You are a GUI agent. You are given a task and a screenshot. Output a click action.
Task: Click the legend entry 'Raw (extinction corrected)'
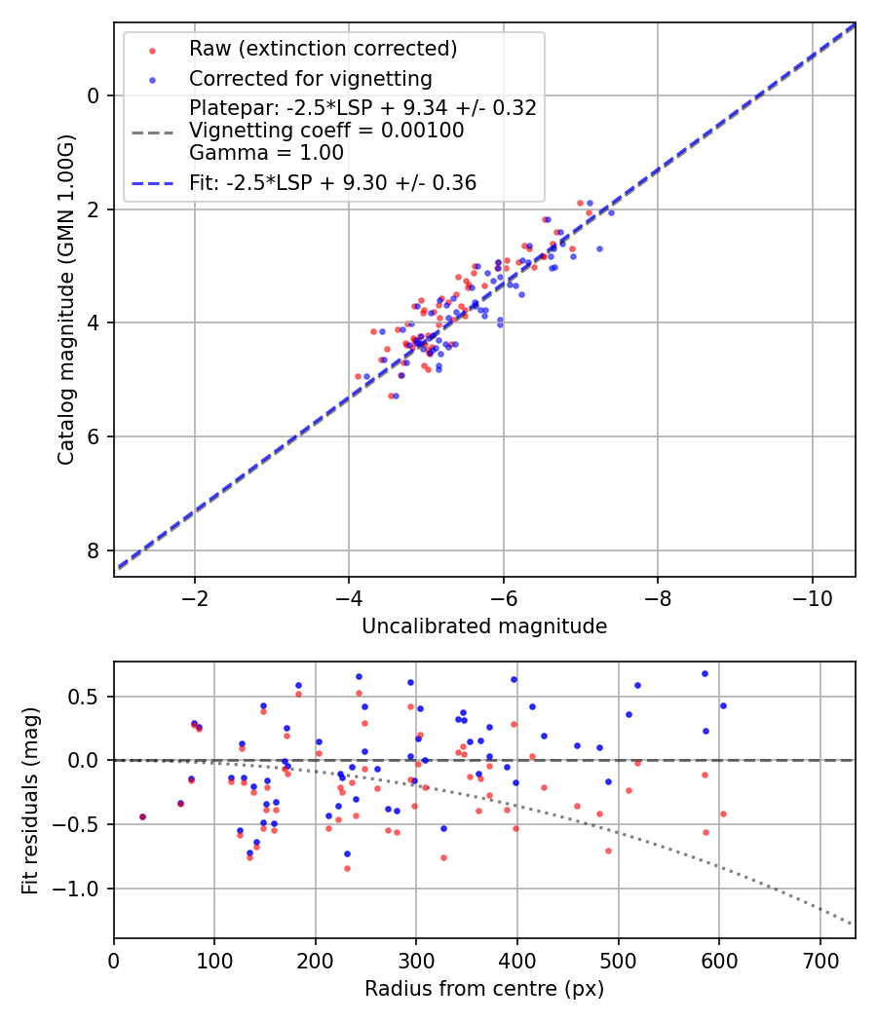click(x=323, y=49)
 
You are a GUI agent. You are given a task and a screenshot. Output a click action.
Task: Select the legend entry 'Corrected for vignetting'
click(x=310, y=78)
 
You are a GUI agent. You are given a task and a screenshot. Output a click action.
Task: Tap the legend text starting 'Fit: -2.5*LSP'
click(x=332, y=182)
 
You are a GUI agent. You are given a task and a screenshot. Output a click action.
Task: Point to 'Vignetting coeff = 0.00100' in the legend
click(x=326, y=131)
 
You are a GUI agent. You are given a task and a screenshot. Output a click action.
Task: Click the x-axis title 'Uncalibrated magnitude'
click(x=484, y=626)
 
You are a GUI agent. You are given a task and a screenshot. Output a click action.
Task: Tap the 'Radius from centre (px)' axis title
click(x=484, y=989)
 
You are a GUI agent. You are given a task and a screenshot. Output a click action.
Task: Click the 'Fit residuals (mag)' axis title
click(x=31, y=800)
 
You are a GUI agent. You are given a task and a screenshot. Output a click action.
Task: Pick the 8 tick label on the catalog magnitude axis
click(x=94, y=551)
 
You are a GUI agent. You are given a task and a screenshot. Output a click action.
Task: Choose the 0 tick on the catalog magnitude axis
click(x=94, y=95)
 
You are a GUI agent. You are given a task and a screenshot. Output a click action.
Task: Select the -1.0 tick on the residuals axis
click(x=83, y=889)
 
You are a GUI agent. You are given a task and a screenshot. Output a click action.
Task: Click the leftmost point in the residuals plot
click(x=142, y=816)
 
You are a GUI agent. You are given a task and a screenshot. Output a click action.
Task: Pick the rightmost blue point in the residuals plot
click(x=723, y=705)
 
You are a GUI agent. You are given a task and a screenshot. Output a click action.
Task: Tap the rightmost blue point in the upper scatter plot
click(x=611, y=212)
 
